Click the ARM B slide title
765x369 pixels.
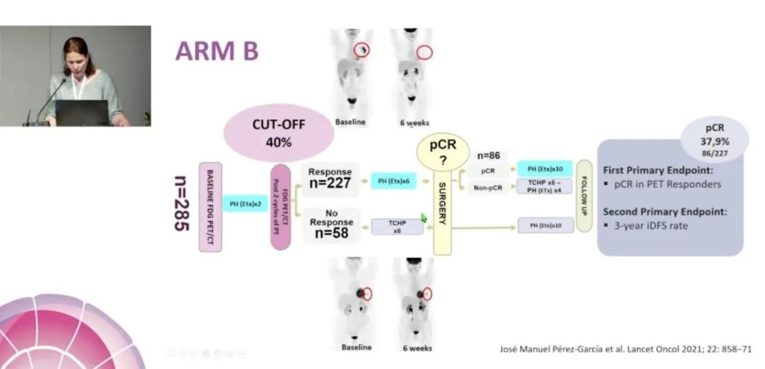coord(217,51)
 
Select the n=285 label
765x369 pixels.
coord(182,206)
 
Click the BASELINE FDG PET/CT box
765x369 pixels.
coord(210,206)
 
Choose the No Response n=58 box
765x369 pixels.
coord(330,223)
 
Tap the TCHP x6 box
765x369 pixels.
coord(397,227)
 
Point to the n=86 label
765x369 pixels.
coord(489,155)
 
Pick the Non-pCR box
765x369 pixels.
coord(489,188)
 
